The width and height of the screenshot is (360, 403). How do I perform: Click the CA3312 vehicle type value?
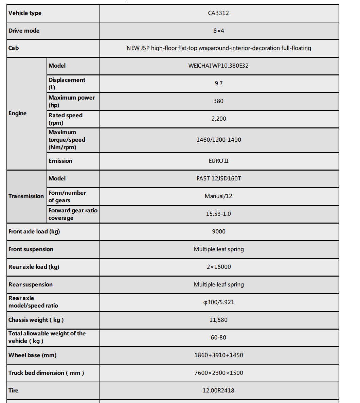coord(218,13)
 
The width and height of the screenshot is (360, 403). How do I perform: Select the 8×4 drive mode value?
coord(218,31)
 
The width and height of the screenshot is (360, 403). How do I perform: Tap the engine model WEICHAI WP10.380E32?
coord(218,66)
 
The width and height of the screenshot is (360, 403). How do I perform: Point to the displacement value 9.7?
coord(218,83)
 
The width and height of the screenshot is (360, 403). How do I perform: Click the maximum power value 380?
coord(218,101)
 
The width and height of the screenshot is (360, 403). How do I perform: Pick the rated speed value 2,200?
coord(218,119)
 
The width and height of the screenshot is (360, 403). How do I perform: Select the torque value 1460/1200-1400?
coord(218,140)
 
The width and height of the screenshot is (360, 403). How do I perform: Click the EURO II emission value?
coord(218,161)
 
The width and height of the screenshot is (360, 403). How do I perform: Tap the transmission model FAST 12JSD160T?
coord(218,178)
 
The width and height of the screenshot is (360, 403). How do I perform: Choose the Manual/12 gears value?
coord(218,196)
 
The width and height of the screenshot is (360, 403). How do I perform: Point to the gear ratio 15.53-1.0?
coord(218,214)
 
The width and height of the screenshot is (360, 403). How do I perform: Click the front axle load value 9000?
coord(218,231)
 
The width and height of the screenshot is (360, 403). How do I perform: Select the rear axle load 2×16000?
coord(218,267)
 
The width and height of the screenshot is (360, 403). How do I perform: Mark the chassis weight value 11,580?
coord(218,320)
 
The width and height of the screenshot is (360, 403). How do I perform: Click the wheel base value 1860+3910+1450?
coord(218,355)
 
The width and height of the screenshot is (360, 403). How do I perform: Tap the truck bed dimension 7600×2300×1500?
coord(218,373)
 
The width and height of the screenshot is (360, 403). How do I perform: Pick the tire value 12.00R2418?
coord(218,390)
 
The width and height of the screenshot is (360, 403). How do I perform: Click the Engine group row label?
coord(18,113)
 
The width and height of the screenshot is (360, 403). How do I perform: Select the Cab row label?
coord(14,48)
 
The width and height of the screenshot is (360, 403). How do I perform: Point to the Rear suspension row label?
coord(31,284)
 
